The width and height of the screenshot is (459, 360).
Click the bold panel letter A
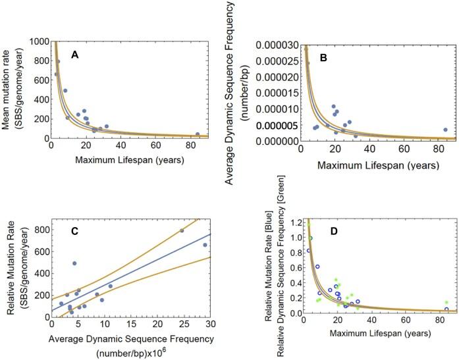coord(76,55)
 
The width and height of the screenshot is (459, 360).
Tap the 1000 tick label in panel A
coord(38,41)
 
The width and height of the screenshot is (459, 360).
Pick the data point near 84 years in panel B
coord(445,130)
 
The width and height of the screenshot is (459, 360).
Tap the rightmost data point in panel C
coord(205,245)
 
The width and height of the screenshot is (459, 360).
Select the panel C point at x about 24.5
coord(182,230)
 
